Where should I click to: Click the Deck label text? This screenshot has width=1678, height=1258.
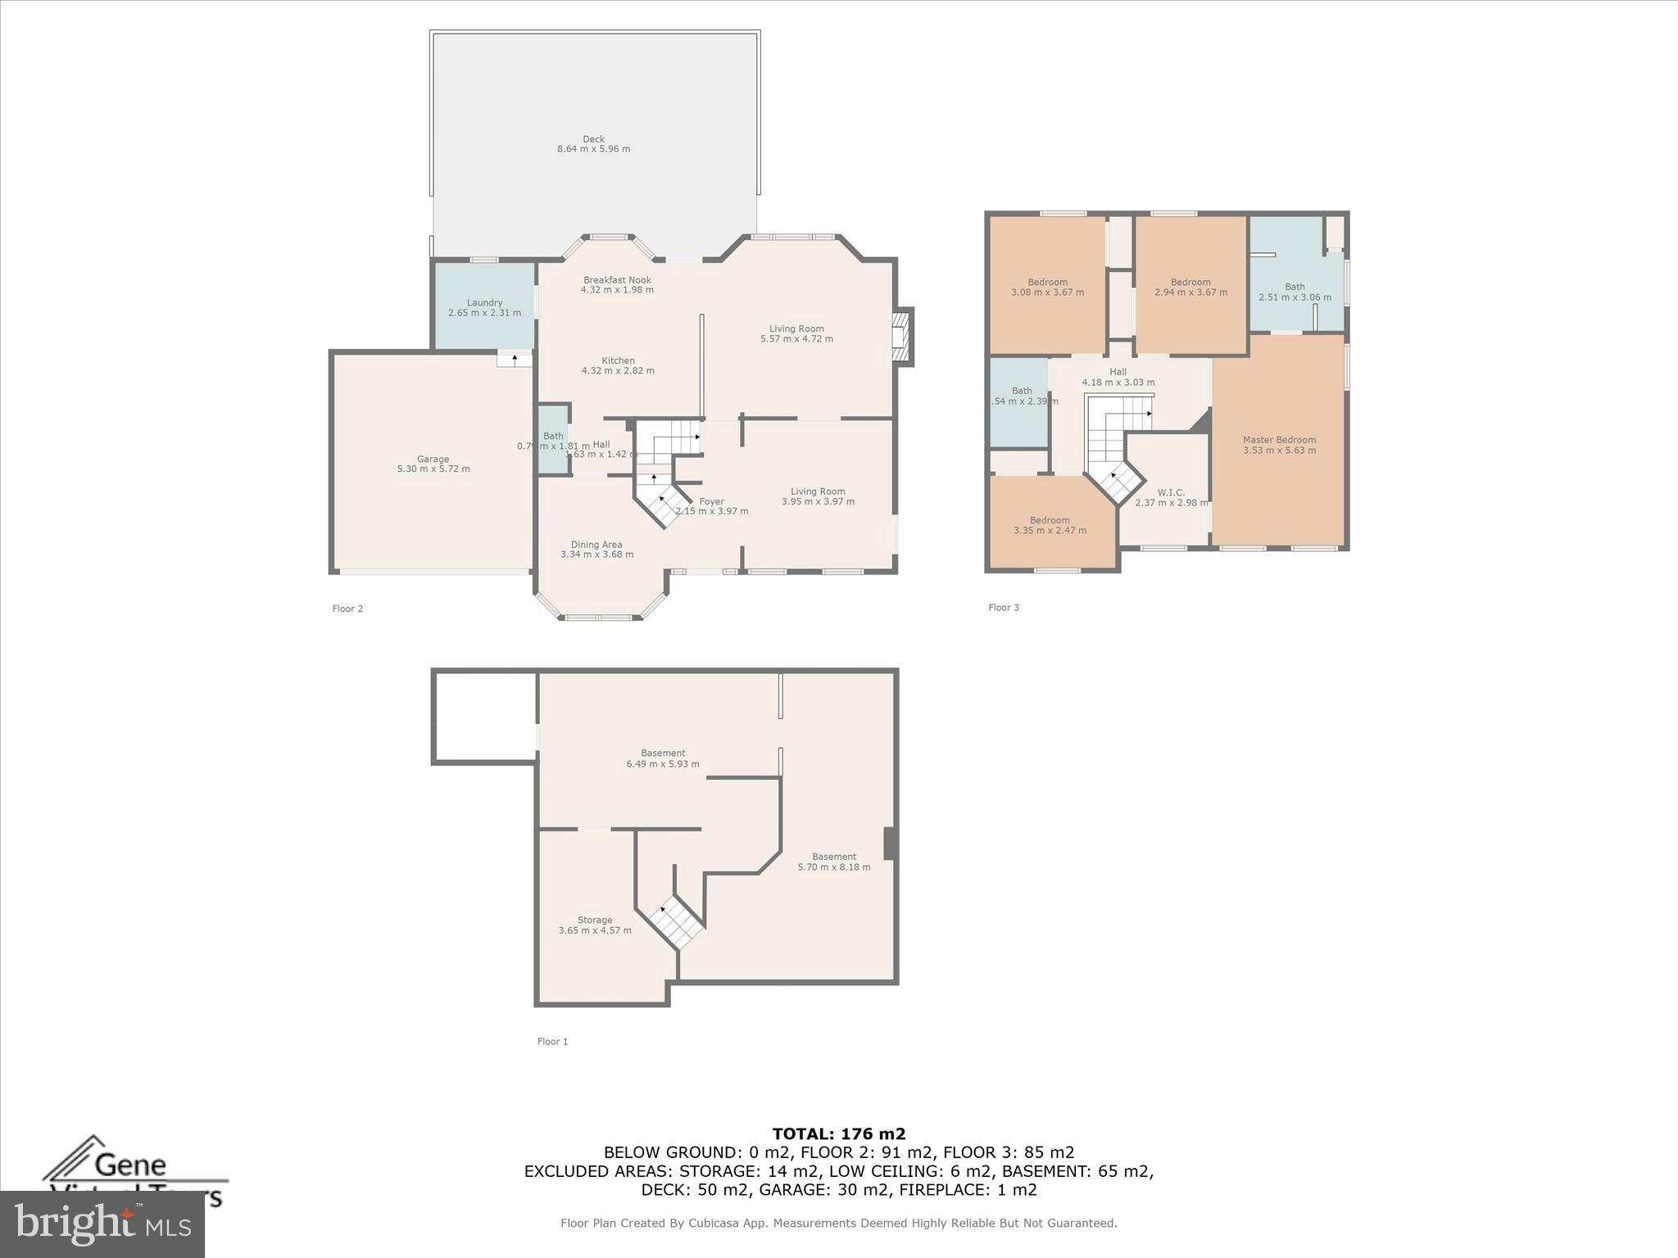coord(593,139)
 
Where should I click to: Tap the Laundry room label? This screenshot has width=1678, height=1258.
coord(484,303)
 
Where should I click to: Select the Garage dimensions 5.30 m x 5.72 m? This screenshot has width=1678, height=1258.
coord(433,469)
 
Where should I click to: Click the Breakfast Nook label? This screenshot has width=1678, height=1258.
coord(617,280)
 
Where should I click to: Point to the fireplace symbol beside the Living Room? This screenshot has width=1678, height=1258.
coord(901,336)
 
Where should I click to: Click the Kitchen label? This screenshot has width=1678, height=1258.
coord(618,360)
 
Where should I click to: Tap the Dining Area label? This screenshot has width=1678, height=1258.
coord(596,545)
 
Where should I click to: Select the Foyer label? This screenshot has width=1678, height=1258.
coord(711,501)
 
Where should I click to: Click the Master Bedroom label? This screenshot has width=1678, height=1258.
coord(1279,440)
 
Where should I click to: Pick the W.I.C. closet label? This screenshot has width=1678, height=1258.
coord(1171,492)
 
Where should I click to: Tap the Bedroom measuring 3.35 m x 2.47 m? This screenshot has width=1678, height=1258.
coord(1050,525)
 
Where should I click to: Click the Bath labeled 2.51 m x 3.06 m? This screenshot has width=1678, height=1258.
coord(1295,292)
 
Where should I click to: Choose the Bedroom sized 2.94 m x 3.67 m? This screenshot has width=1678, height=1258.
coord(1190,287)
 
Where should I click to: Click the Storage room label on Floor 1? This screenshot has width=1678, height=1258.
coord(595,920)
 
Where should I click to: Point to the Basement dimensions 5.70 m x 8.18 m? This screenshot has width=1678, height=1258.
coord(834,867)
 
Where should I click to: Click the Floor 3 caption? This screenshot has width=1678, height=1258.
coord(1004,608)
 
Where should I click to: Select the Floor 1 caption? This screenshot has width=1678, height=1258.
coord(552,1042)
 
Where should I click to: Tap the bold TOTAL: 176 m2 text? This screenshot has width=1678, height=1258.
coord(838,1134)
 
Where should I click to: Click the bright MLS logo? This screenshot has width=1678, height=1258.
coord(102,1224)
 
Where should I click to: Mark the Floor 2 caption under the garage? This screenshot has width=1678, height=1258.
coord(347,609)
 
